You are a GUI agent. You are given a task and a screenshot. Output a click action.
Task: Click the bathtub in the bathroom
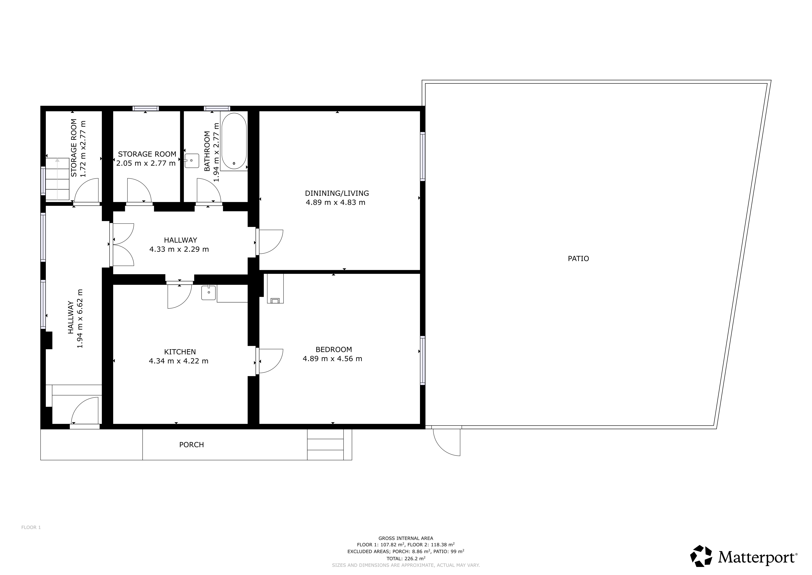(x=234, y=141)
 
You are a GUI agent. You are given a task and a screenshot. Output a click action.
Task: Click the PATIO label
(x=578, y=259)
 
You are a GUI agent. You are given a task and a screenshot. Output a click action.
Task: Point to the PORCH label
(x=191, y=445)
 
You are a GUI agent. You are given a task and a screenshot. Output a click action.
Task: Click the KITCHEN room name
(x=180, y=352)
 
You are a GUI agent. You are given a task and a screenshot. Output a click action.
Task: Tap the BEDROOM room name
(x=334, y=350)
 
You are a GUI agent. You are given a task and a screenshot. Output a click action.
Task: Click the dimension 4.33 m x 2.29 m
(x=179, y=249)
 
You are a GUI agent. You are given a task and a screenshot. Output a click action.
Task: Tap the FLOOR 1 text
(x=31, y=527)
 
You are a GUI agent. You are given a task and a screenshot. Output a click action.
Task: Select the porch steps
(x=325, y=445)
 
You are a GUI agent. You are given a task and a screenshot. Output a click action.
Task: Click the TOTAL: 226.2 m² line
(x=406, y=558)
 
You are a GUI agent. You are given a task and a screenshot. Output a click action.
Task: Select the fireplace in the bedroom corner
(x=275, y=289)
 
